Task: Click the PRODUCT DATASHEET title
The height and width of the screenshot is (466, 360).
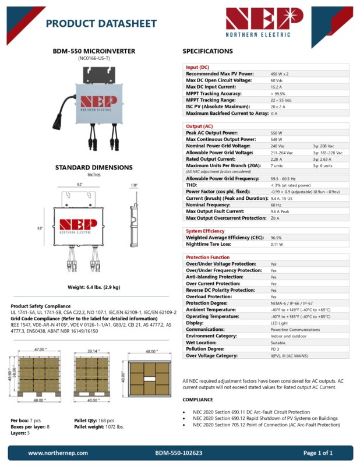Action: (101, 24)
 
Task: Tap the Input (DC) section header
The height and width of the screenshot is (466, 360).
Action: (197, 67)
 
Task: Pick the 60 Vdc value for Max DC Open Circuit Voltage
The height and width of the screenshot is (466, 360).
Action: (277, 80)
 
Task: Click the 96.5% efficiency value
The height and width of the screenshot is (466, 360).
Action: (276, 238)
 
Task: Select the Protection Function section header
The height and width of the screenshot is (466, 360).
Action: (207, 257)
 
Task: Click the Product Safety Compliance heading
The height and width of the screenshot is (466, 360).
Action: (41, 306)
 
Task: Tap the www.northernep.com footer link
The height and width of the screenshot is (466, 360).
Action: (58, 453)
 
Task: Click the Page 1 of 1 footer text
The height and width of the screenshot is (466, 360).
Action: (318, 453)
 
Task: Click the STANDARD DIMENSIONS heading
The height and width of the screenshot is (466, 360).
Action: (94, 167)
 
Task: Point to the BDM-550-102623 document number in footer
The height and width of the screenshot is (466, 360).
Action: (179, 453)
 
